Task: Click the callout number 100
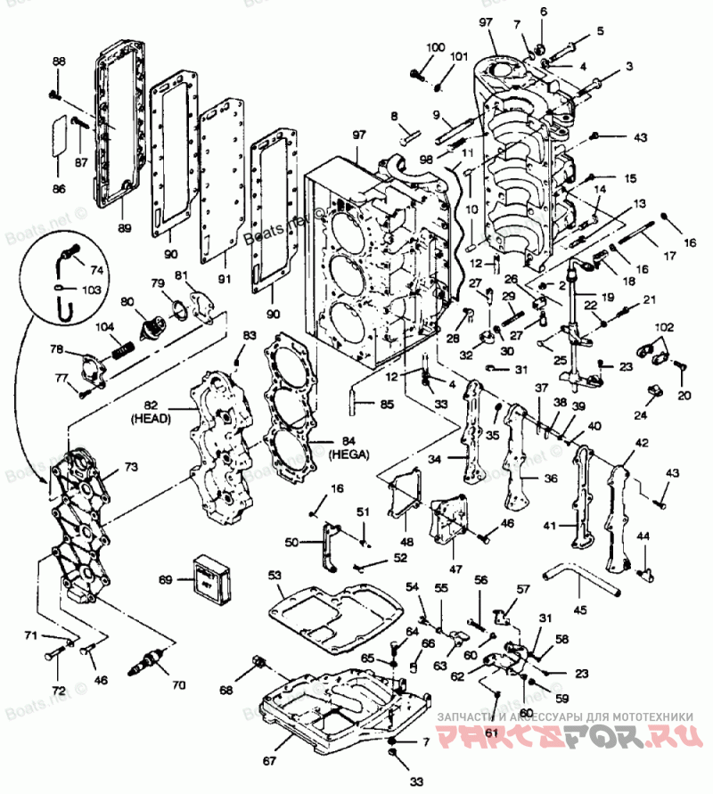tap(435, 46)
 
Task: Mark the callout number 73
tap(131, 466)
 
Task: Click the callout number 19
tap(607, 298)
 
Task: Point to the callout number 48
tap(406, 541)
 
